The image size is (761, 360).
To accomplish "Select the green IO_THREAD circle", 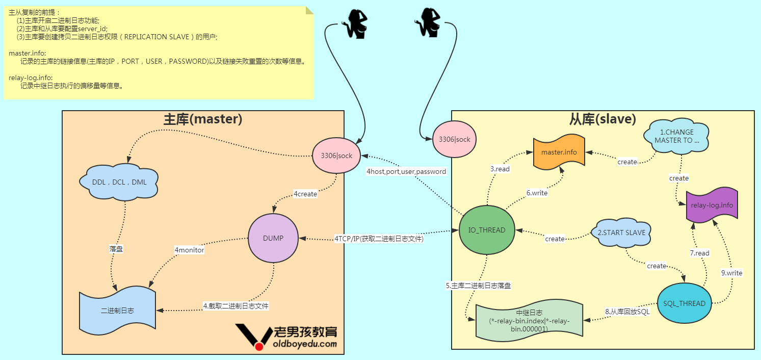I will (487, 230).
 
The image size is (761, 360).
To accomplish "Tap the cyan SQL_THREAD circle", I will (684, 303).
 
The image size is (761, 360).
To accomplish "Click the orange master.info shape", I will (559, 152).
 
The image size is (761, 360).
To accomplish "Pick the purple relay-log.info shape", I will (712, 205).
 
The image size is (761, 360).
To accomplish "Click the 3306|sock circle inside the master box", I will (337, 156).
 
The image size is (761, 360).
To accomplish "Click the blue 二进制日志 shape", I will (117, 310).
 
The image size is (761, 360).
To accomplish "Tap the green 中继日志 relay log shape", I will (529, 321).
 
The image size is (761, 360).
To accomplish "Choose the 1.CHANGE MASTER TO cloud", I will (676, 136).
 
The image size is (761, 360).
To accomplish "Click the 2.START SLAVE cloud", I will (621, 233).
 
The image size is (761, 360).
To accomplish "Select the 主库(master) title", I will (202, 119).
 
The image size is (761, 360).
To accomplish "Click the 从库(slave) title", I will (602, 119).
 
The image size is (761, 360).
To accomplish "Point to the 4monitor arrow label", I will (189, 250).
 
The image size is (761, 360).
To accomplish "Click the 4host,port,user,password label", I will (406, 172).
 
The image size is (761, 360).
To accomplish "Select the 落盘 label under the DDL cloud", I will (116, 249).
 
